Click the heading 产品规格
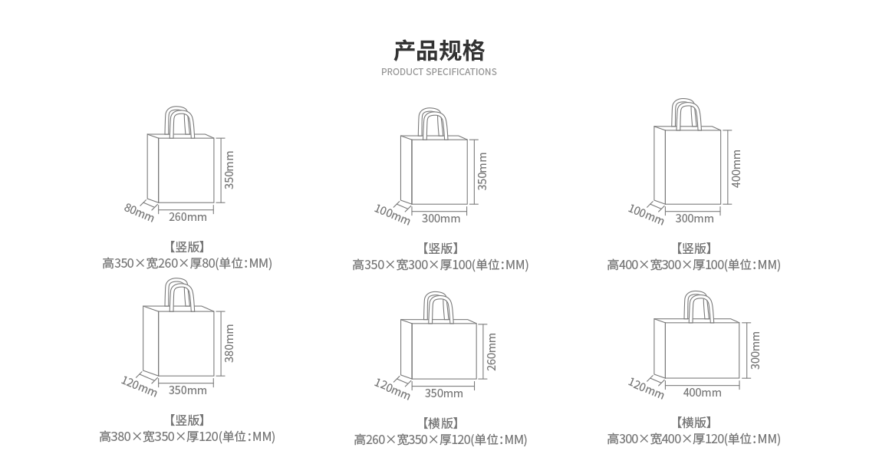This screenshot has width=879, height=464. point(439,51)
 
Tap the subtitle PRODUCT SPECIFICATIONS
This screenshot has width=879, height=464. point(439,72)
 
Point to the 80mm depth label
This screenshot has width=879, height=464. point(139,211)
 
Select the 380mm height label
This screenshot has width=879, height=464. point(229,343)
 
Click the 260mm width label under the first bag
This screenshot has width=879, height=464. point(187,217)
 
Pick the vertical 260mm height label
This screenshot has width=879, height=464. point(492,350)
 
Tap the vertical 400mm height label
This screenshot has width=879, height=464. point(736,168)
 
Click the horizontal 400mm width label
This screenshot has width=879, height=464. point(702,393)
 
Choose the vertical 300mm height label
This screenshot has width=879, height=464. point(756,350)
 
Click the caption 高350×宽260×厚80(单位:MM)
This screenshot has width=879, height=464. point(187,264)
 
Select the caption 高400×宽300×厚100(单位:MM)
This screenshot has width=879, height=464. point(693,265)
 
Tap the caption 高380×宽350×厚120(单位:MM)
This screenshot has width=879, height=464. point(187,437)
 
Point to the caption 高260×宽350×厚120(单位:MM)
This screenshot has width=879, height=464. point(440,439)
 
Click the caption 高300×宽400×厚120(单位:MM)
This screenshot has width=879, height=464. point(693,439)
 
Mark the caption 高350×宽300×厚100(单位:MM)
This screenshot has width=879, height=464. point(440,265)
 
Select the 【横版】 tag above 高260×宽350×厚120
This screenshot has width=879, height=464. point(440,423)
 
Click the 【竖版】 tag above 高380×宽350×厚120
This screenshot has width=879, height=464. point(187,420)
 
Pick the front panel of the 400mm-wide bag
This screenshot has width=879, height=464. point(701,350)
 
